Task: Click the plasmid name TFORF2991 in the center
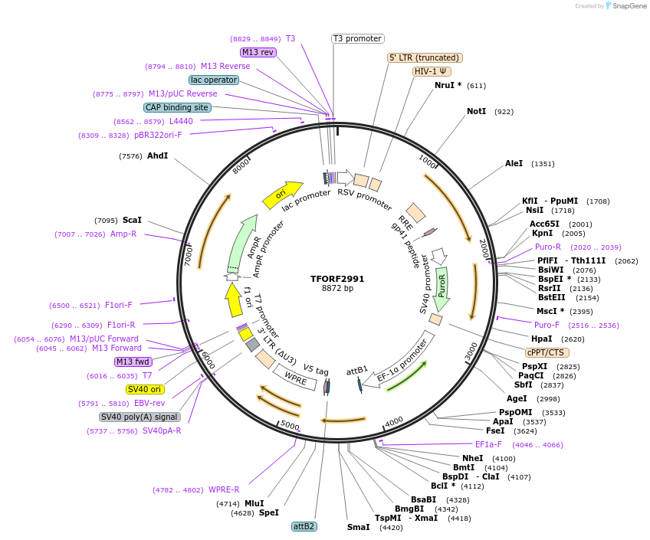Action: pos(337,279)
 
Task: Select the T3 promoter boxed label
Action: pos(357,38)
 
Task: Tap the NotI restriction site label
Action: pos(476,111)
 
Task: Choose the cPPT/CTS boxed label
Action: pos(546,352)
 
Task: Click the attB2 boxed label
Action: pos(304,526)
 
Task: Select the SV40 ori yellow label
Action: pos(146,389)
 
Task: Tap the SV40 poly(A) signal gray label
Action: pos(140,417)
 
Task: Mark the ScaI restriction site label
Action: pos(132,220)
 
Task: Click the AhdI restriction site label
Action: pos(157,155)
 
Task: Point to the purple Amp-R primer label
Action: pos(123,234)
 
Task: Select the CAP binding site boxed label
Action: pos(177,107)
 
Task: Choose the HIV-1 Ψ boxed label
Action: pos(432,71)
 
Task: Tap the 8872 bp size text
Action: pos(337,289)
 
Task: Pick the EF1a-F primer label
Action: pos(488,444)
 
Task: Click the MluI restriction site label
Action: pos(254,503)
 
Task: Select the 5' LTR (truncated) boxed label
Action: pos(425,57)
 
